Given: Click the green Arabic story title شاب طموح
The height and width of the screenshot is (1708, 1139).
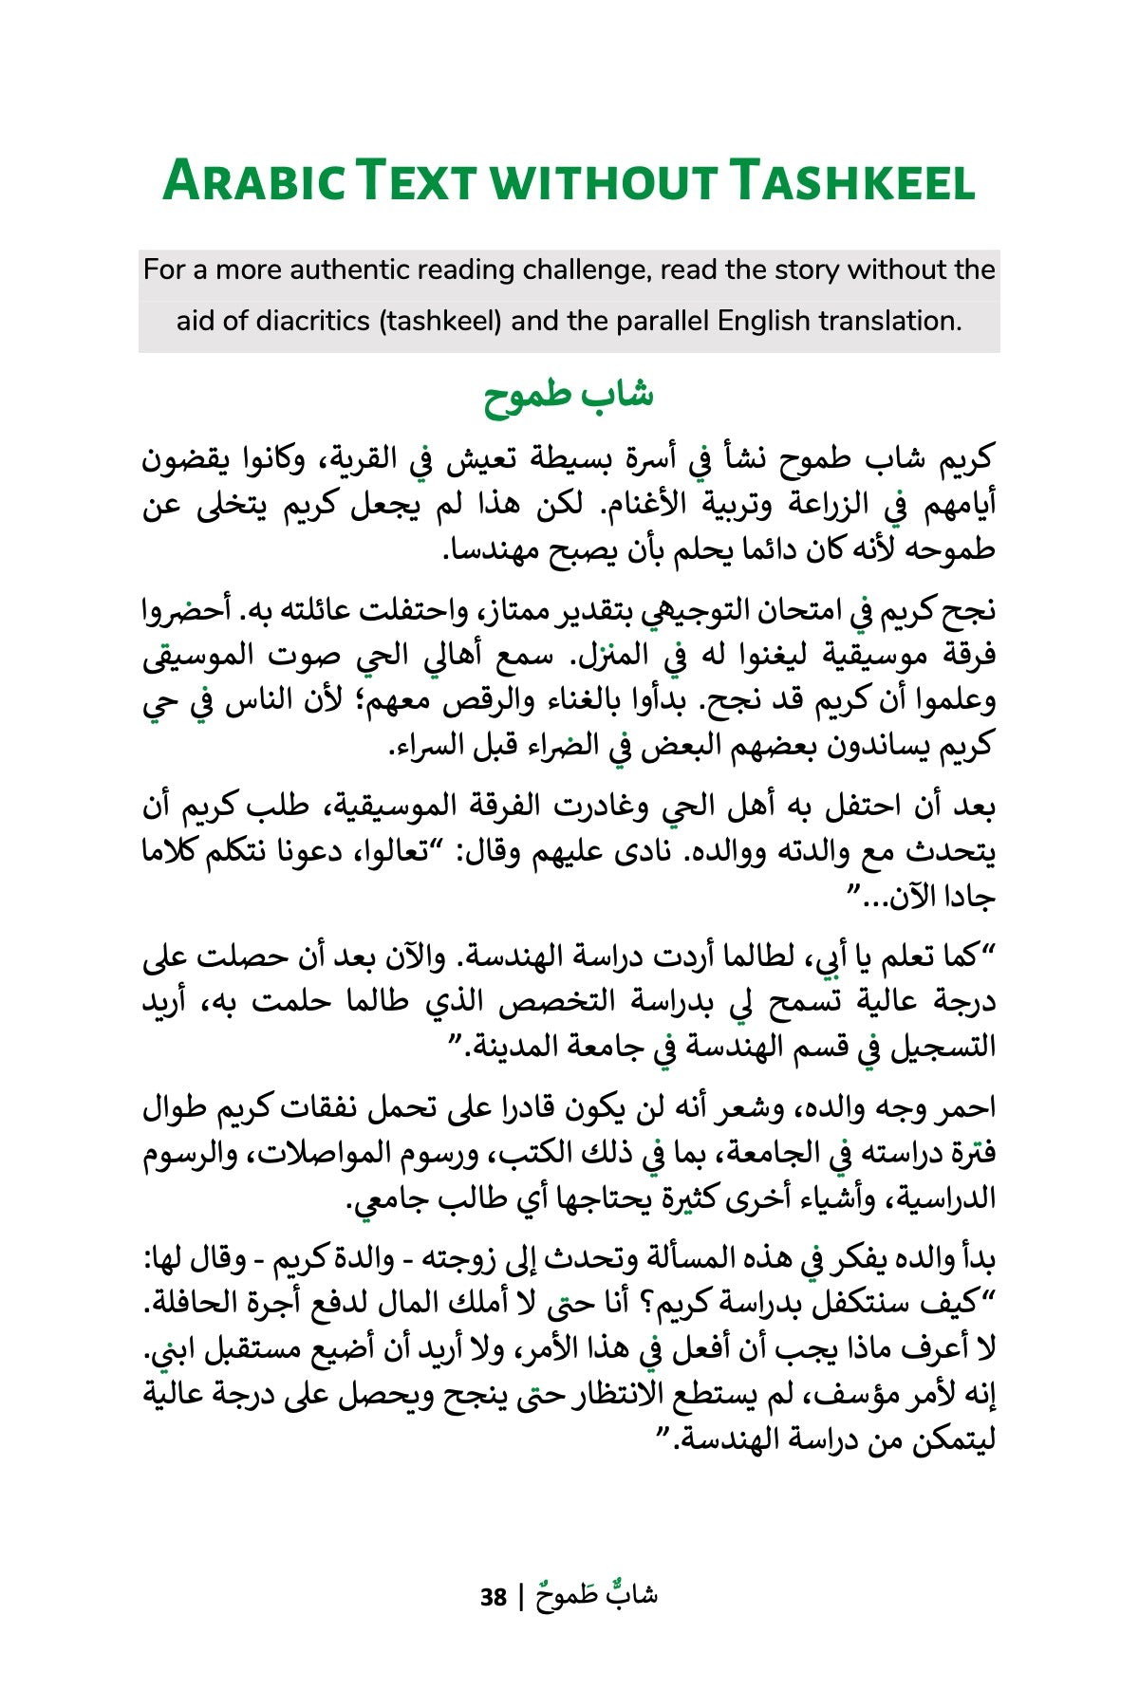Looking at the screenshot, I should (x=569, y=396).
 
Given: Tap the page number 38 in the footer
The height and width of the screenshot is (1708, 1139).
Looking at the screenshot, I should (x=494, y=1598).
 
